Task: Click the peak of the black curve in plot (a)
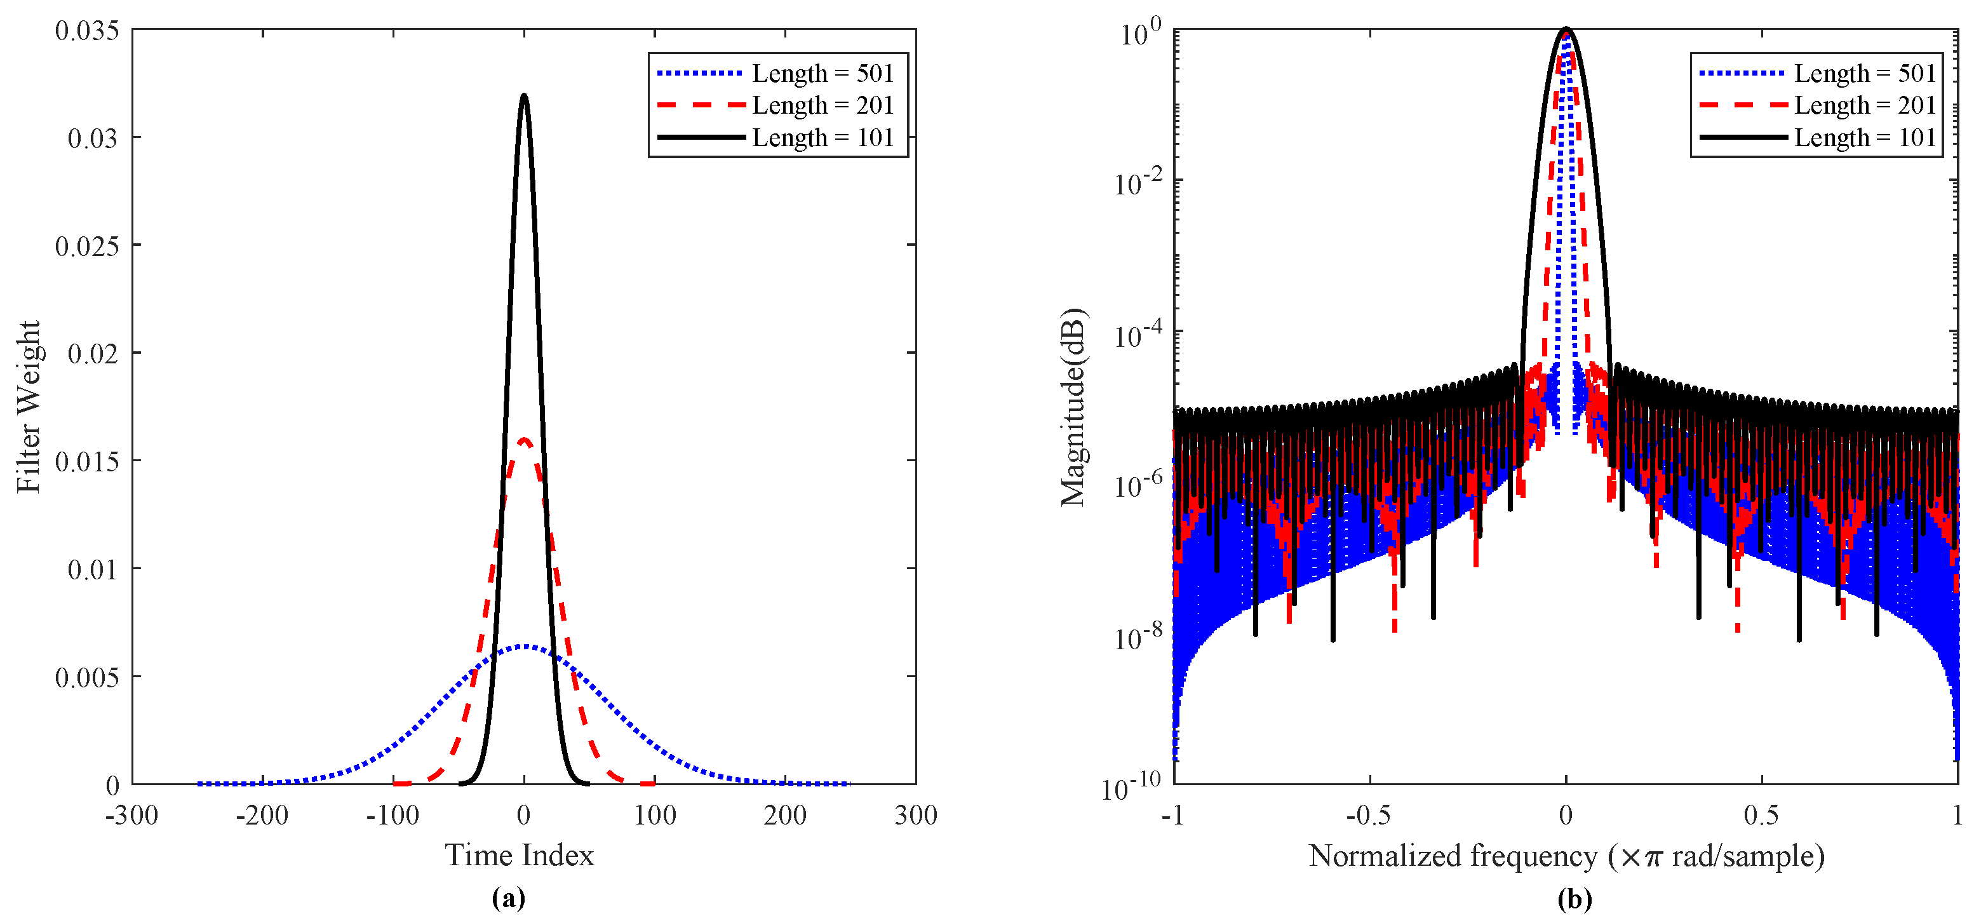(x=524, y=96)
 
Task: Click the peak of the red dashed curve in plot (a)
(x=524, y=440)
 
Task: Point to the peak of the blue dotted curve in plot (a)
(x=524, y=646)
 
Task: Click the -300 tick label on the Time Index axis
(x=132, y=815)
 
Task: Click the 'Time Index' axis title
(x=520, y=856)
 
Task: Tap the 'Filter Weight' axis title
(x=29, y=407)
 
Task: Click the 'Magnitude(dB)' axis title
(x=1073, y=407)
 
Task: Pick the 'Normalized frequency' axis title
(x=1566, y=856)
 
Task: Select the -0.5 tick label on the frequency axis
(x=1369, y=815)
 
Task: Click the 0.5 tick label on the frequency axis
(x=1761, y=815)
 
